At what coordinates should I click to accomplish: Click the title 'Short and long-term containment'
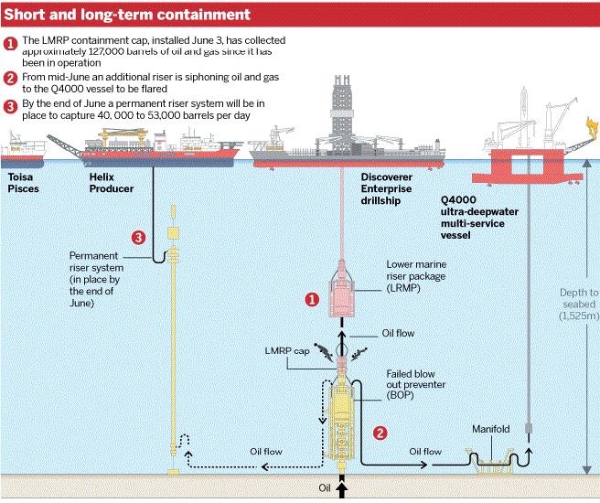click(x=128, y=15)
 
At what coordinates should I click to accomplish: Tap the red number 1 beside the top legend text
click(x=10, y=43)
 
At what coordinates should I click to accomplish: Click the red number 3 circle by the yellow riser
click(x=138, y=238)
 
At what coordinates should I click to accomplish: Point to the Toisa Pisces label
click(x=24, y=182)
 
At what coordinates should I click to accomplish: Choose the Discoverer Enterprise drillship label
click(x=386, y=188)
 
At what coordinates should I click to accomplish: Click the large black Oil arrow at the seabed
click(x=342, y=489)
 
